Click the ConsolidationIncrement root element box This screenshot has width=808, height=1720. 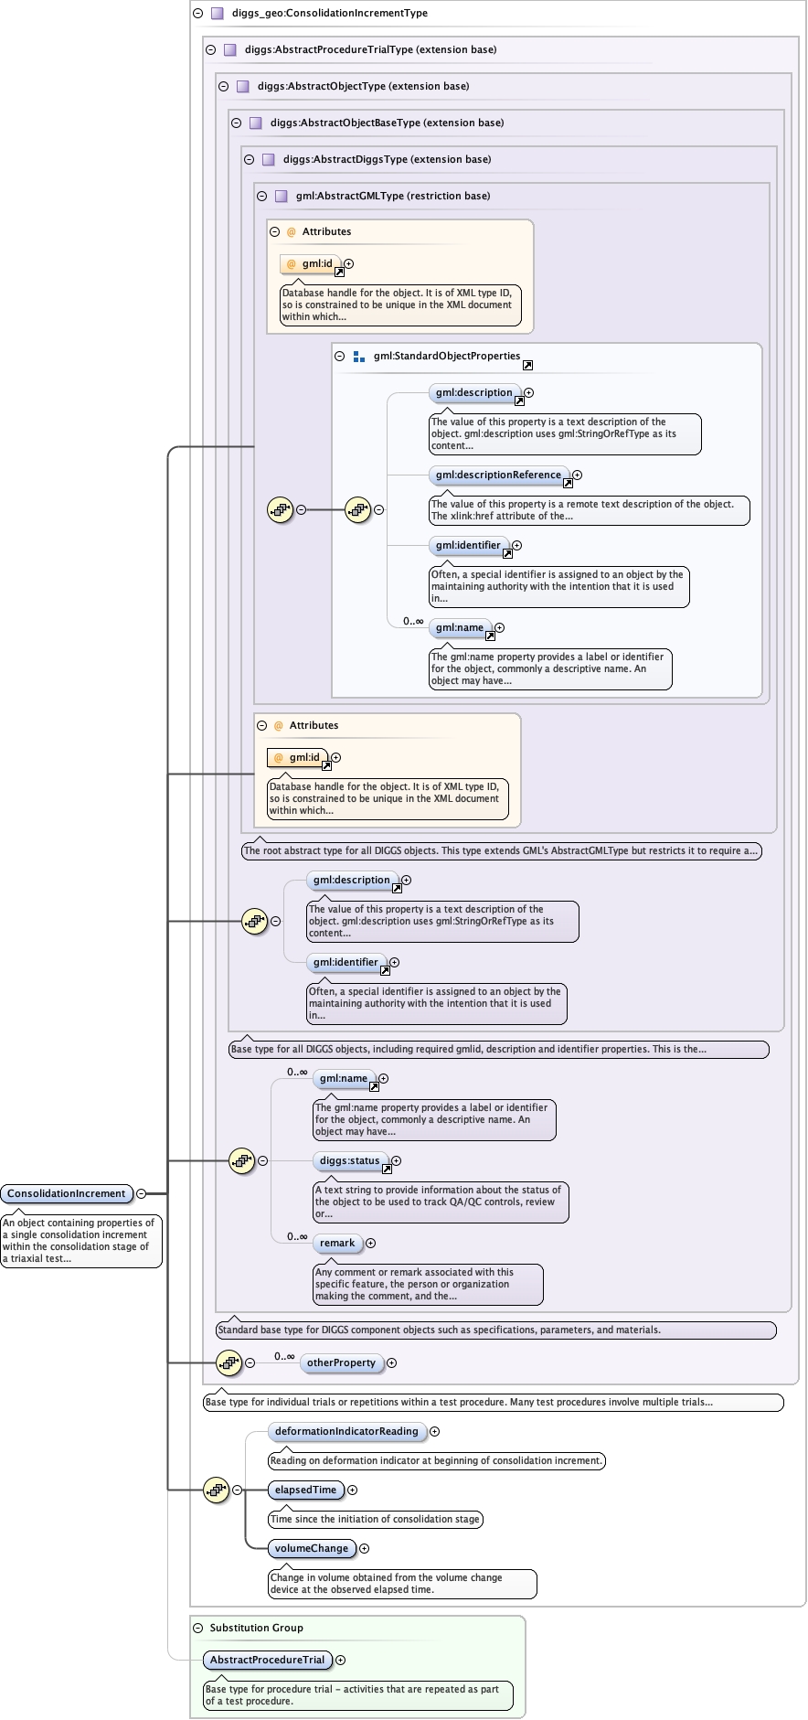coord(67,1193)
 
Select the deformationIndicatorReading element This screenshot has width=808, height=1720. coord(346,1431)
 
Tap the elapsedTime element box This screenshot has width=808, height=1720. coord(305,1490)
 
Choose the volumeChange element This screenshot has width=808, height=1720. coord(312,1548)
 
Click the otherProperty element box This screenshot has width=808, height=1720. coord(341,1362)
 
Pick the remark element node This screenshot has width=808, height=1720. coord(337,1243)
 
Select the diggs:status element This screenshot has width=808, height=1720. coord(349,1160)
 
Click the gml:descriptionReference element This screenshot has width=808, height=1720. coord(498,475)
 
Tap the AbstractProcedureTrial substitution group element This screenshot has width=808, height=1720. coord(267,1660)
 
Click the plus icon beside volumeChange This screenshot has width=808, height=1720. coord(365,1548)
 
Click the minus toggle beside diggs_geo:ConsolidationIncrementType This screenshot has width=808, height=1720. coord(198,14)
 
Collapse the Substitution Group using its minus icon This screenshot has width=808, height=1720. coord(198,1628)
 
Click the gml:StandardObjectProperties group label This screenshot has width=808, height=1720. coord(446,356)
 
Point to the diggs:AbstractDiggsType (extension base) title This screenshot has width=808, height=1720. coord(387,159)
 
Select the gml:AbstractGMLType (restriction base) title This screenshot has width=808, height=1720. coord(392,196)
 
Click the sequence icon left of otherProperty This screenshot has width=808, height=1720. coord(229,1362)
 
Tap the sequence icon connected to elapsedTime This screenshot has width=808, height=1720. coord(216,1490)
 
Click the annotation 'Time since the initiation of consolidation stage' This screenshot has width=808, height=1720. coord(376,1519)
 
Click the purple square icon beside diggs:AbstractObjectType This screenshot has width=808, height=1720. coord(242,86)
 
